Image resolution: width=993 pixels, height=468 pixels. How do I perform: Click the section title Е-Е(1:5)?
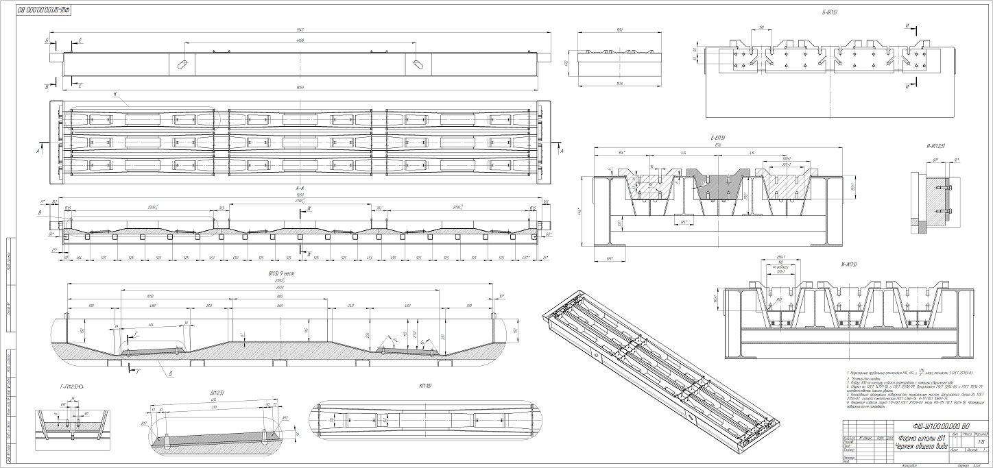click(719, 138)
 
